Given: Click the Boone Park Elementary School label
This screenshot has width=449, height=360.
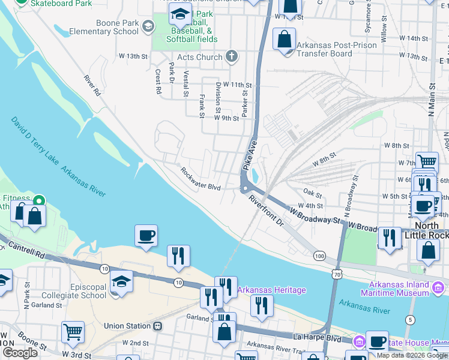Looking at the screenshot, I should pyautogui.click(x=103, y=26).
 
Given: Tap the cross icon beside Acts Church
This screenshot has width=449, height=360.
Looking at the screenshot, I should pyautogui.click(x=232, y=57).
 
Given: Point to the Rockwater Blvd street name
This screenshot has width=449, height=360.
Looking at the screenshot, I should pyautogui.click(x=200, y=179).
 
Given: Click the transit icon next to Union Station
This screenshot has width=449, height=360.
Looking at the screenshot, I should pyautogui.click(x=158, y=326).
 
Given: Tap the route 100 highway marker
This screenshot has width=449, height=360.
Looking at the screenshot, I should pyautogui.click(x=319, y=256).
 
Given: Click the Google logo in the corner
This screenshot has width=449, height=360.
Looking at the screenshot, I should pyautogui.click(x=20, y=352).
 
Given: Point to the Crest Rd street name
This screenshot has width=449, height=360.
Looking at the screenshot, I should pyautogui.click(x=158, y=82).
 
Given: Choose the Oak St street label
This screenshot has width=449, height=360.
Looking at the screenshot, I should pyautogui.click(x=313, y=194).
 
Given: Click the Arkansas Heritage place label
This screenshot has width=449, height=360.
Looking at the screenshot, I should pyautogui.click(x=272, y=290).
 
